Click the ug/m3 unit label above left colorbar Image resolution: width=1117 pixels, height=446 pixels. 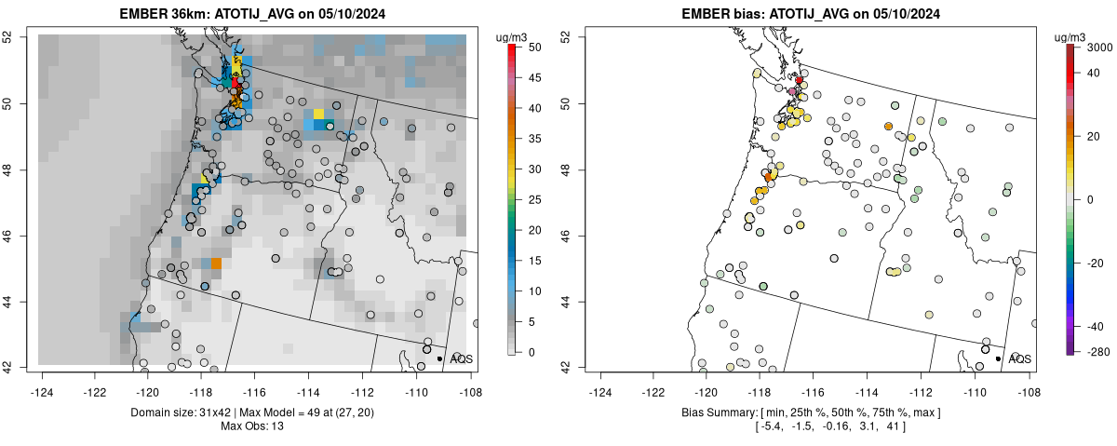[514, 36]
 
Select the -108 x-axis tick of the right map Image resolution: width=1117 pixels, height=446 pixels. [1029, 382]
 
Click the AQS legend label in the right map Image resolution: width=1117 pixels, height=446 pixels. [1020, 358]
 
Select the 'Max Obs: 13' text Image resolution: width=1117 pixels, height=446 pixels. [252, 426]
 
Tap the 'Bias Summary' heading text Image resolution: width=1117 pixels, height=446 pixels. [716, 412]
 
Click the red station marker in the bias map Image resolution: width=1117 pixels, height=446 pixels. [800, 81]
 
